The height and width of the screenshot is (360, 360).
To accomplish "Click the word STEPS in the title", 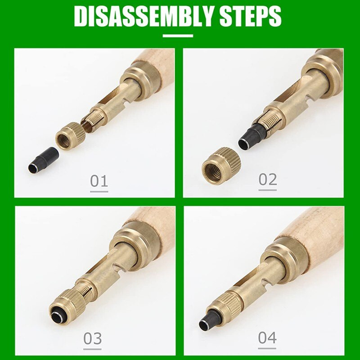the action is pos(250,17).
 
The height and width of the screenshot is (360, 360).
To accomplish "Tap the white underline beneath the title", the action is pos(178,36).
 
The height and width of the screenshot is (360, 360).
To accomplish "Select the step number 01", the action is pos(99,181).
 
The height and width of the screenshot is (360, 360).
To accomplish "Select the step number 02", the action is pos(268,179).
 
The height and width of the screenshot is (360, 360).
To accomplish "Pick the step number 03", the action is pos(93,338).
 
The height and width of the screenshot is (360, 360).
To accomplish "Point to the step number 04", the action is pos(267,337).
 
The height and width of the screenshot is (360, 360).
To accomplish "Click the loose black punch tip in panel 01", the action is pos(43,160).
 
